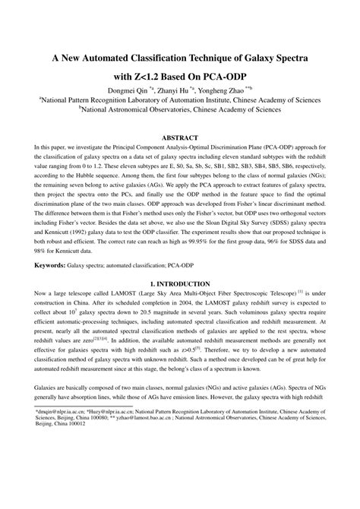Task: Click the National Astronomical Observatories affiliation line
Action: coord(180,109)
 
